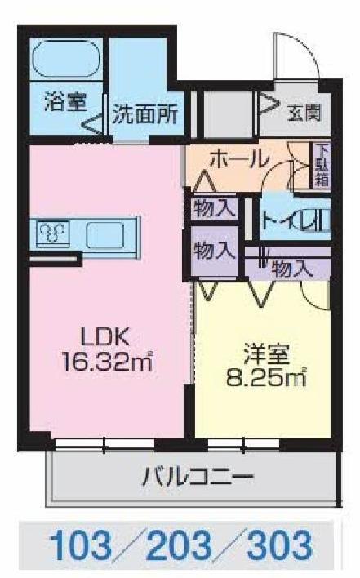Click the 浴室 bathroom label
(x=64, y=104)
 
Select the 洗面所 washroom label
(x=145, y=114)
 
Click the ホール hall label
(x=238, y=158)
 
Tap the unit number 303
(x=278, y=544)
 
